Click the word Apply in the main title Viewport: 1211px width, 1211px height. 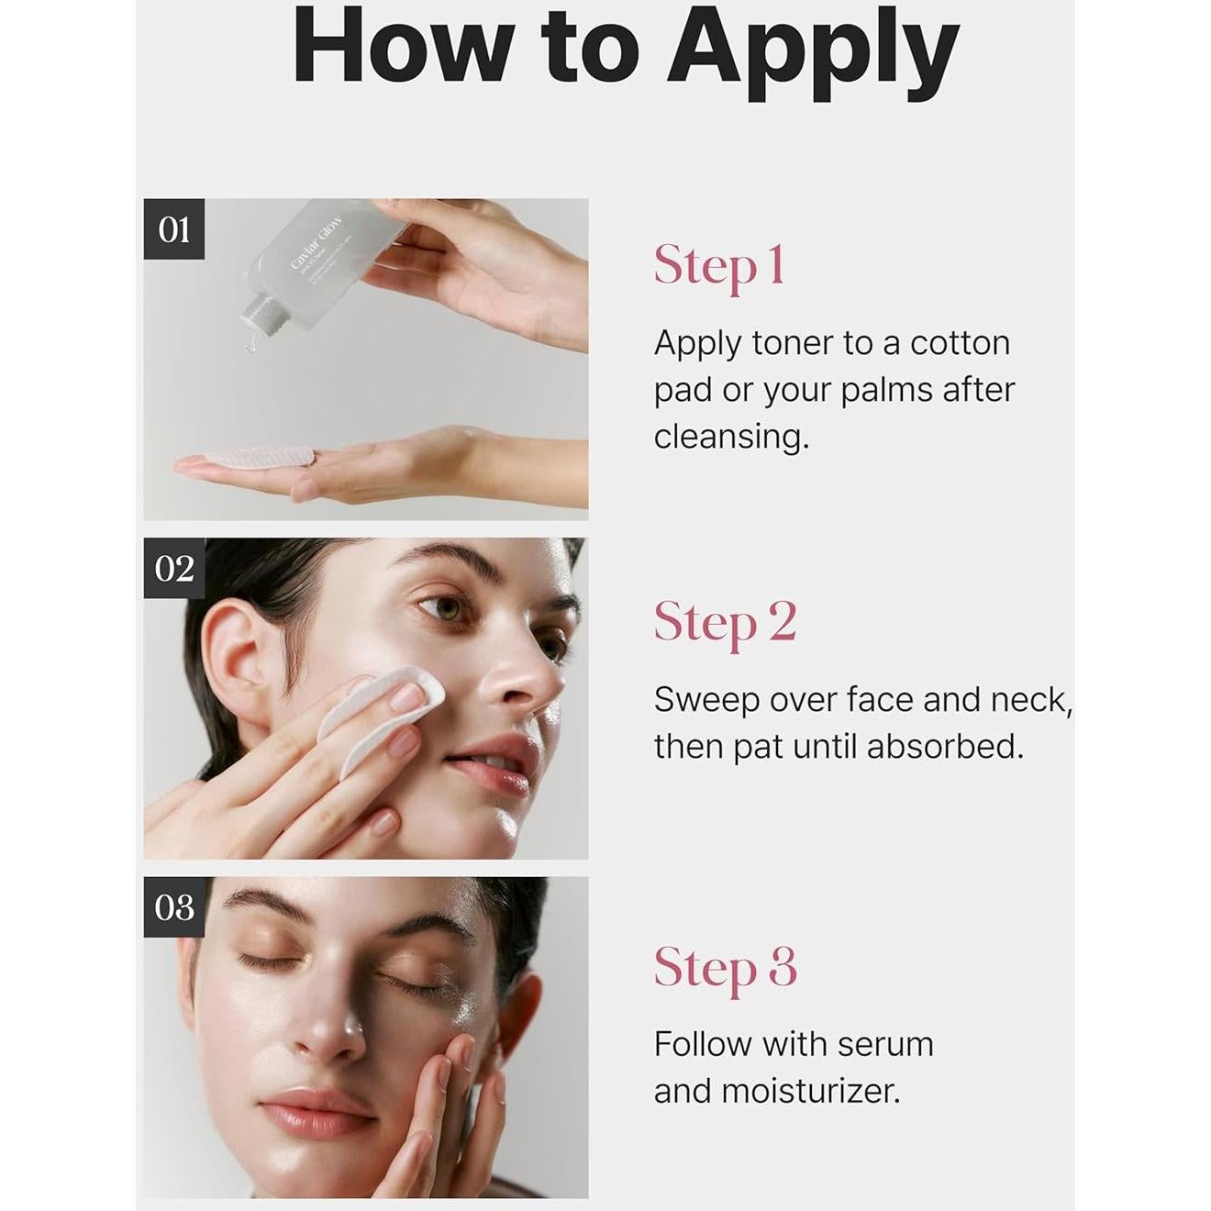click(x=813, y=50)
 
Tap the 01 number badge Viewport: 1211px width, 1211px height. click(x=174, y=229)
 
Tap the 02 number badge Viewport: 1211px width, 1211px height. click(x=174, y=569)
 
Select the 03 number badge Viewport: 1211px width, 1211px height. click(x=174, y=907)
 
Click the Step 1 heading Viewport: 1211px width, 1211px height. click(x=719, y=266)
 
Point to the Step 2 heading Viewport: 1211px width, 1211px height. click(x=725, y=623)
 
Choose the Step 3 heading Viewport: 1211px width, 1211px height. click(x=725, y=967)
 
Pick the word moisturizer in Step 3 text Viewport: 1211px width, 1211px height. click(x=809, y=1091)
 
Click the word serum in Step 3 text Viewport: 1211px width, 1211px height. click(x=885, y=1044)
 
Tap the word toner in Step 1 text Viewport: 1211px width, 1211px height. click(x=794, y=343)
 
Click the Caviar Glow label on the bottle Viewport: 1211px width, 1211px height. click(x=317, y=243)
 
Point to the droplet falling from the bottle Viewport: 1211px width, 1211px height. click(x=249, y=347)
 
